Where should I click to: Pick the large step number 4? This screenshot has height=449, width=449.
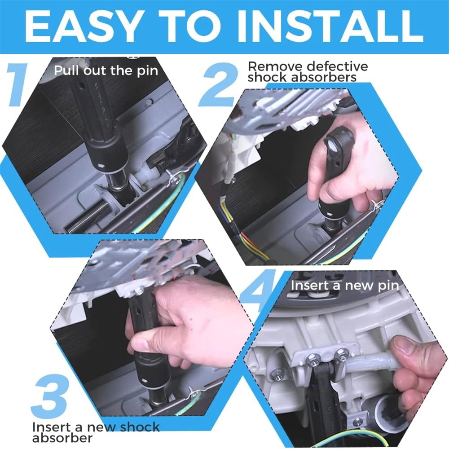tap(258, 292)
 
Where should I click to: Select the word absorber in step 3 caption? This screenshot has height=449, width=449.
tap(62, 438)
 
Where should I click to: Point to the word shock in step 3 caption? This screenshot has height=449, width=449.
tap(140, 427)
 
